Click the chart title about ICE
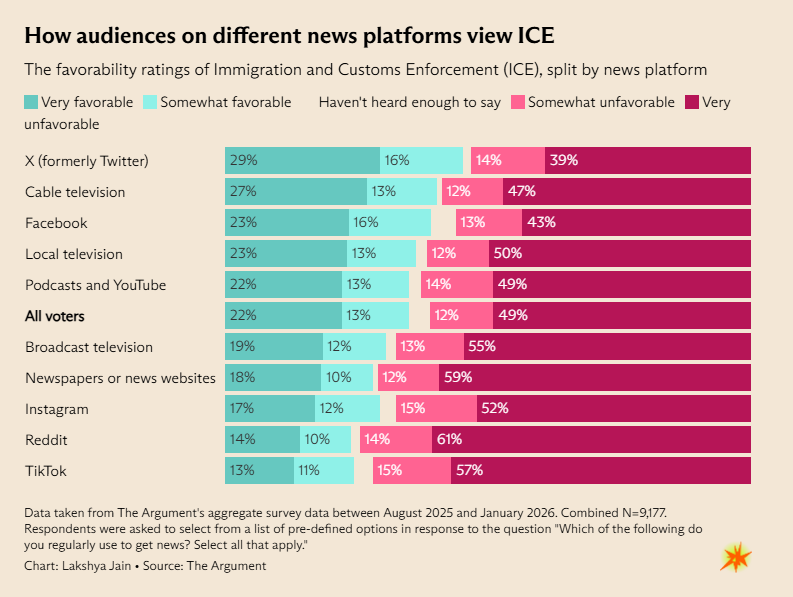pyautogui.click(x=289, y=36)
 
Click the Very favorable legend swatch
pyautogui.click(x=31, y=102)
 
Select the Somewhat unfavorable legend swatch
pyautogui.click(x=518, y=102)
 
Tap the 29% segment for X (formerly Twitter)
pyautogui.click(x=302, y=160)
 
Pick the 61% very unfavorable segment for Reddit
pyautogui.click(x=591, y=439)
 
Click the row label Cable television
pyautogui.click(x=75, y=192)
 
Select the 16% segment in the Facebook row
pyautogui.click(x=389, y=223)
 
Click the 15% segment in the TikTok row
pyautogui.click(x=412, y=470)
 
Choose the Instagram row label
pyautogui.click(x=57, y=409)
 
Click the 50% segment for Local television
pyautogui.click(x=619, y=254)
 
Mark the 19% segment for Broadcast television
pyautogui.click(x=273, y=347)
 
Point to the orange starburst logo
pyautogui.click(x=735, y=557)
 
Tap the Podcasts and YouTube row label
pyautogui.click(x=95, y=285)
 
